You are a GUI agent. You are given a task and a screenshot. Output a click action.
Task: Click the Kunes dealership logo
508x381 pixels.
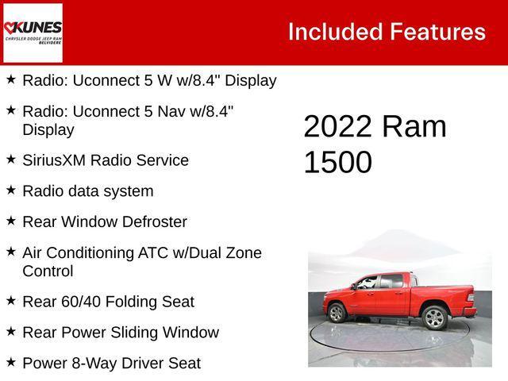pyautogui.click(x=33, y=33)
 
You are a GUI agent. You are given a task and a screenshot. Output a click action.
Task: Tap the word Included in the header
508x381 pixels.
pyautogui.click(x=335, y=32)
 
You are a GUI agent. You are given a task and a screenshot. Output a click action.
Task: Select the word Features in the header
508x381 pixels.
pyautogui.click(x=437, y=32)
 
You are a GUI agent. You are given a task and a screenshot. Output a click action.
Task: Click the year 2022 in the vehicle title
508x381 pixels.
pyautogui.click(x=337, y=127)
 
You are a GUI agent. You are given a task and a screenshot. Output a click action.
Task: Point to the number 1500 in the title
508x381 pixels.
pyautogui.click(x=337, y=162)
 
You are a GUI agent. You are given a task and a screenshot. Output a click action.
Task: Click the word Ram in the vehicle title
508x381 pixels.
pyautogui.click(x=414, y=127)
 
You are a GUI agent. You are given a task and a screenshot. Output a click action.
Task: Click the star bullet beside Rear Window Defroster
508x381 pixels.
pyautogui.click(x=10, y=221)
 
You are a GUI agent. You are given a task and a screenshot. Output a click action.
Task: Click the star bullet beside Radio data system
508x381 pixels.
pyautogui.click(x=10, y=190)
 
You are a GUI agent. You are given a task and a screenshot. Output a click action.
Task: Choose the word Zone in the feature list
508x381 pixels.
pyautogui.click(x=242, y=253)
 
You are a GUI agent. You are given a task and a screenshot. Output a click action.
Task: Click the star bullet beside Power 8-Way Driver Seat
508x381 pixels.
pyautogui.click(x=10, y=362)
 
